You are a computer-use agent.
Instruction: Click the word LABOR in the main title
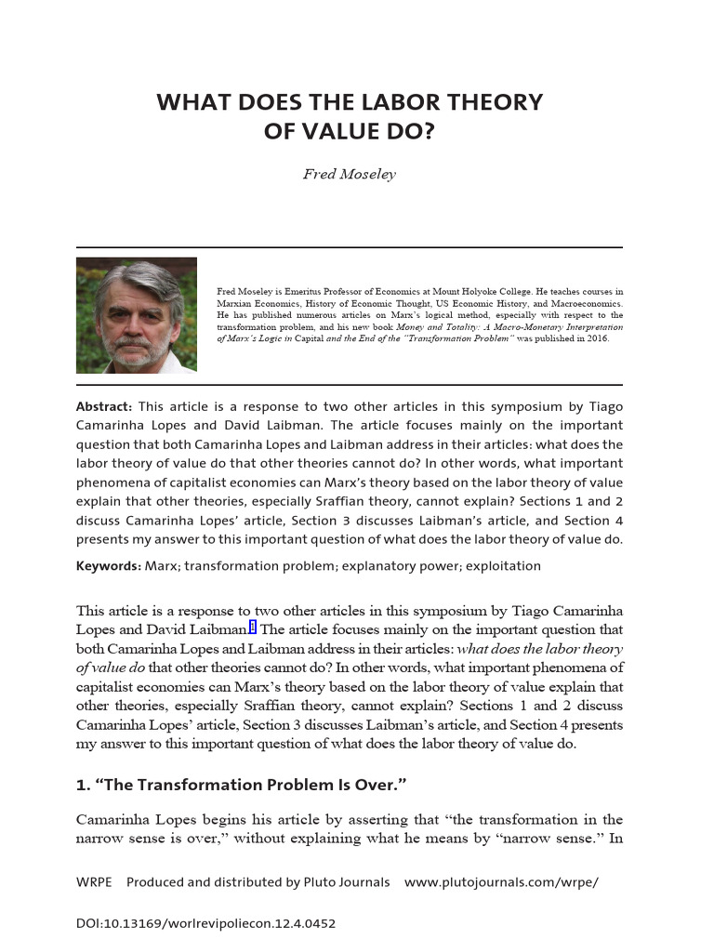(x=377, y=102)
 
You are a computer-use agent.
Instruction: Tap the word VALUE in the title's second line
(x=349, y=132)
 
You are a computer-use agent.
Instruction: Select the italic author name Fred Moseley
(x=349, y=175)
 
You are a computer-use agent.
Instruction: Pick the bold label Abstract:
(x=104, y=406)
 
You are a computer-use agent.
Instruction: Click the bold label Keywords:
(x=109, y=565)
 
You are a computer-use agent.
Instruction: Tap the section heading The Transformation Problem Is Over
(x=242, y=785)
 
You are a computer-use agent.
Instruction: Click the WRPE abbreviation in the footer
(x=94, y=881)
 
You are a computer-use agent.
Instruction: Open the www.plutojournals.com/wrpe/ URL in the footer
(x=501, y=881)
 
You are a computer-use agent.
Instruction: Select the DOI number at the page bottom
(x=205, y=923)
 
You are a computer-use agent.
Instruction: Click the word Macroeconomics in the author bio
(x=584, y=303)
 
